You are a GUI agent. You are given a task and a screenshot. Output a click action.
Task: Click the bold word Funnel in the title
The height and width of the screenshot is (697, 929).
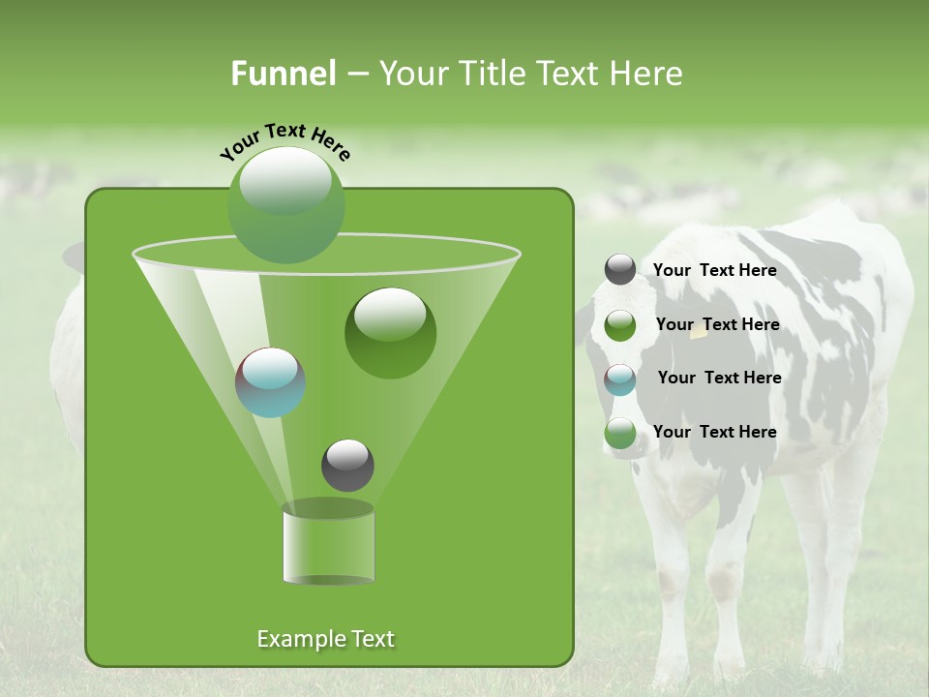coord(283,74)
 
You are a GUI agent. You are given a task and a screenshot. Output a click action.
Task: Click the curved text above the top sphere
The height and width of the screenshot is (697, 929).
coord(285,141)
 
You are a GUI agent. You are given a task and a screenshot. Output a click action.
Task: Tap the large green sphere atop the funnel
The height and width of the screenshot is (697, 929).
coord(285,203)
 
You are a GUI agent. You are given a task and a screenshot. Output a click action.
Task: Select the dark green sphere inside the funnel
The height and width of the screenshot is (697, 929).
coord(390,332)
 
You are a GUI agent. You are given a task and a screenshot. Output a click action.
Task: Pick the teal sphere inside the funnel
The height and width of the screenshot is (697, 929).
coord(270,382)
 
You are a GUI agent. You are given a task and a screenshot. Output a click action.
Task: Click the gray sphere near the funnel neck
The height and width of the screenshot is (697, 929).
coord(347,465)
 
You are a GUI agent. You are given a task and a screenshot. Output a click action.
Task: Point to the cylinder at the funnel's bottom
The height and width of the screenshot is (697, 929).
coord(328,543)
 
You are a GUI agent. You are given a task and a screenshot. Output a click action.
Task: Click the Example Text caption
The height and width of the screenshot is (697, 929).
coord(325,639)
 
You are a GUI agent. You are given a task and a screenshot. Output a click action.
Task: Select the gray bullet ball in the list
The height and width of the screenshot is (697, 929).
coord(620,270)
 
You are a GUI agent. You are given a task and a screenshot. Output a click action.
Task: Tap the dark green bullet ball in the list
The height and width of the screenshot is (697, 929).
coord(620,325)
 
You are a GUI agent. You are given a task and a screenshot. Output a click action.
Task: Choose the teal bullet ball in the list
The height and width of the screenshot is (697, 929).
coord(620,379)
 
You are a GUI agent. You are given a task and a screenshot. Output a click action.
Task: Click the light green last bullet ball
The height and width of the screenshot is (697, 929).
coord(620,433)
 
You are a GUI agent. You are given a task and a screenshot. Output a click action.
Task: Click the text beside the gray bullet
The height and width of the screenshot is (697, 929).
coord(714,270)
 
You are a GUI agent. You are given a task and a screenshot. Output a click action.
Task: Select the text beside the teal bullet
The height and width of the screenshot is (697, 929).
coord(719,378)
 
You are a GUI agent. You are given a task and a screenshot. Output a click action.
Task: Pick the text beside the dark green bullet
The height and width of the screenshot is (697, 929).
coord(717,324)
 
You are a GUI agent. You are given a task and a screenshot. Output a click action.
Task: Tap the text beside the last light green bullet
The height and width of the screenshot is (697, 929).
coord(714,432)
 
